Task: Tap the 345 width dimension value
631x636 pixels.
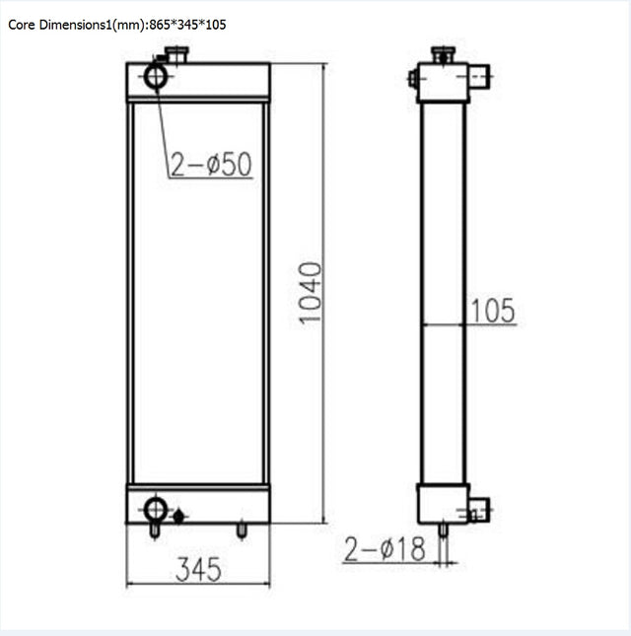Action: coord(198,569)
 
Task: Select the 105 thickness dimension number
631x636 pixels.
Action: coord(492,311)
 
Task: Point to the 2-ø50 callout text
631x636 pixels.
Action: coord(211,165)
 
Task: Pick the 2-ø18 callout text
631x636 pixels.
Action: coord(385,549)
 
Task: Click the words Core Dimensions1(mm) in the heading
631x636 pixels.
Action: coord(74,24)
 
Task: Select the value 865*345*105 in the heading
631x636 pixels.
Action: coord(187,24)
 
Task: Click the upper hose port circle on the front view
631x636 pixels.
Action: coord(157,76)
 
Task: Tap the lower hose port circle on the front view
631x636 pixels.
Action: coord(156,509)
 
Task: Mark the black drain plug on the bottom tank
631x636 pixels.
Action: coord(178,515)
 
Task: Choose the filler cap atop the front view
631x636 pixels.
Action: coord(177,56)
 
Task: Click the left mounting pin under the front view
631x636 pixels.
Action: coord(153,530)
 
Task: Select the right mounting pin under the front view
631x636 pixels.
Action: coord(242,530)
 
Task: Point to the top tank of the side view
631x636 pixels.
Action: coord(442,83)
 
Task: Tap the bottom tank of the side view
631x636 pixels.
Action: coord(442,504)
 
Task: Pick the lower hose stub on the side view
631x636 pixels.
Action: coord(478,511)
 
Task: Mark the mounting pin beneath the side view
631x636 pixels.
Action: coord(443,530)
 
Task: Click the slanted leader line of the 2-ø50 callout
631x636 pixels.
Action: coord(163,128)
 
